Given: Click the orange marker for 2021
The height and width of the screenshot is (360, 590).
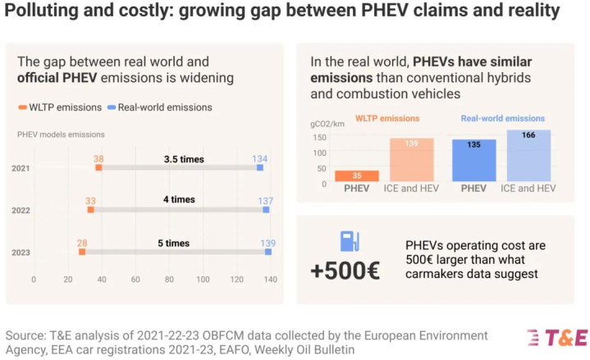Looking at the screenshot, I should pos(98,167).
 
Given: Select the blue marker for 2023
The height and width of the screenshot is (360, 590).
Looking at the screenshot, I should pos(268,252).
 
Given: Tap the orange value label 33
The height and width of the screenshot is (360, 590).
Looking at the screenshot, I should pos(90,199).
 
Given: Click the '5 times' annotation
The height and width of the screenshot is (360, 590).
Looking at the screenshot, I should pos(172,243).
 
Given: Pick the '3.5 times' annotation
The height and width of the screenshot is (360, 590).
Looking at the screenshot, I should pos(183,159).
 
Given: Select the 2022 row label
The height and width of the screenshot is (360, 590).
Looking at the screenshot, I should pos(22,210).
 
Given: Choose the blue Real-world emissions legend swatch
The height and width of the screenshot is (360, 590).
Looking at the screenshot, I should pos(110,107).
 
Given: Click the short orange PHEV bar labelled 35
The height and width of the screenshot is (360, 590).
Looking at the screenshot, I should pos(357,175).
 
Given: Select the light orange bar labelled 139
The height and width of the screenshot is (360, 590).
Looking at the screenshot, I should pos(410,159).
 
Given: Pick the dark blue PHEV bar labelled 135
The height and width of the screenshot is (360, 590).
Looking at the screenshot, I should pos(473,160).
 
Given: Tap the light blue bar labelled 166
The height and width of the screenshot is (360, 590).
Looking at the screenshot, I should pos(528,155).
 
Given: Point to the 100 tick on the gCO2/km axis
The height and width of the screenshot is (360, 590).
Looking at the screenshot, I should pos(321,153).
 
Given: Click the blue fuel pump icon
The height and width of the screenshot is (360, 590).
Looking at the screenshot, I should pos(350,241).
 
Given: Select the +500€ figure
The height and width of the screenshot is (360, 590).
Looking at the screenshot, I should pos(345,271).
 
